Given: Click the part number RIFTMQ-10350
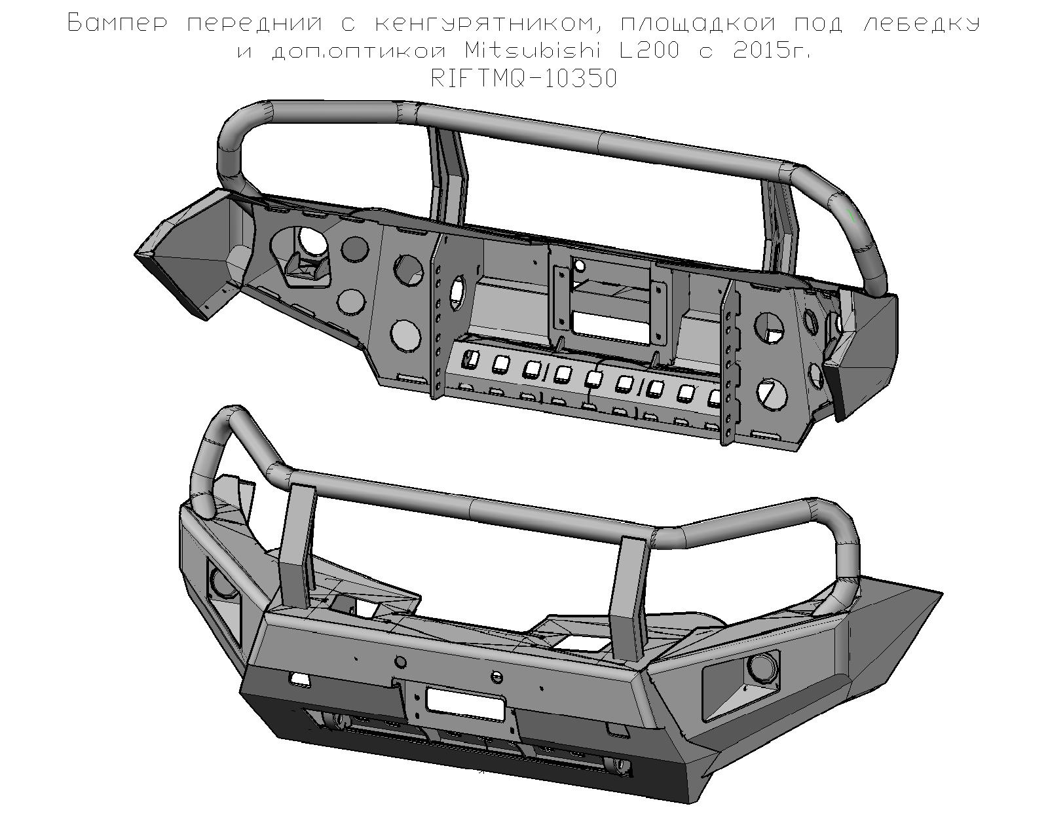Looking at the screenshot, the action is pos(524,79).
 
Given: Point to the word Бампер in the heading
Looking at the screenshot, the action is pos(117,24).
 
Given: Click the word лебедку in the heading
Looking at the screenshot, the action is pos(922,24).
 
